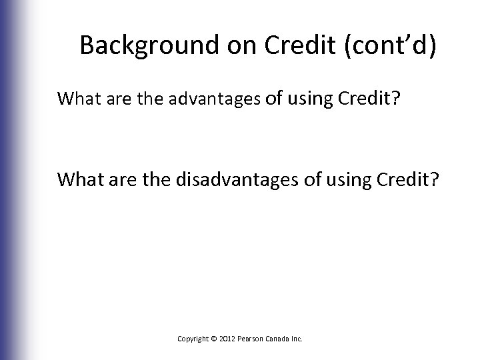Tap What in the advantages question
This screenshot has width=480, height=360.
pos(77,99)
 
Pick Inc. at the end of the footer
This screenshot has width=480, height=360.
pos(297,339)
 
